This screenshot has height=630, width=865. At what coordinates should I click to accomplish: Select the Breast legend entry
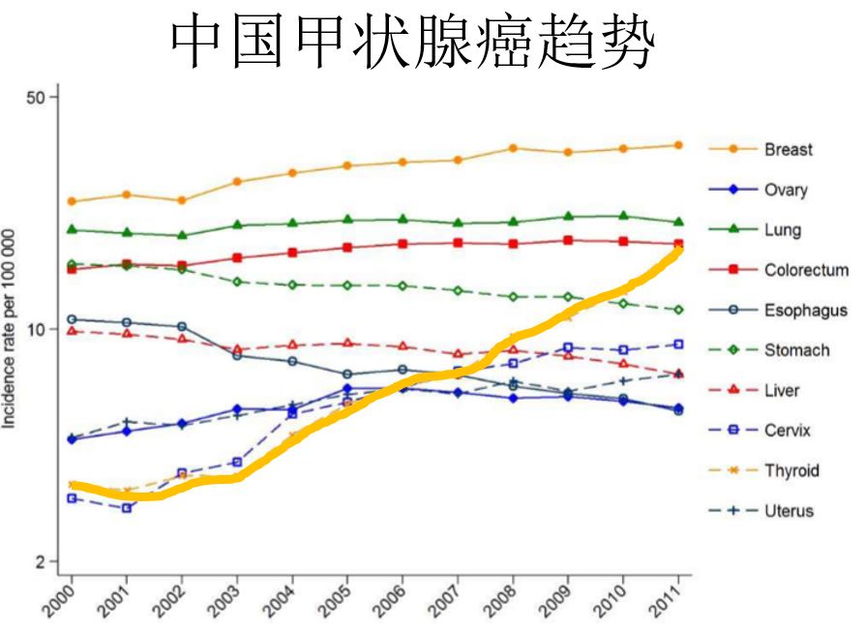pyautogui.click(x=788, y=149)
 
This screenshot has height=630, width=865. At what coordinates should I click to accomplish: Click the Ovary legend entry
pyautogui.click(x=785, y=190)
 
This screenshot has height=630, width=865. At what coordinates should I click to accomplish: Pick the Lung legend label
pyautogui.click(x=782, y=230)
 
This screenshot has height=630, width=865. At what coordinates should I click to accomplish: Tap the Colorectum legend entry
pyautogui.click(x=805, y=270)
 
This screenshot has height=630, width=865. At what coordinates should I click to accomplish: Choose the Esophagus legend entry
pyautogui.click(x=805, y=311)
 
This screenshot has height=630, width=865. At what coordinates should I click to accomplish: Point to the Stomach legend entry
pyautogui.click(x=796, y=350)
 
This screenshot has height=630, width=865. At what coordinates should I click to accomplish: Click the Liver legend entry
pyautogui.click(x=782, y=391)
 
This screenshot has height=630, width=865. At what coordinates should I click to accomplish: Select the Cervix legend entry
pyautogui.click(x=787, y=431)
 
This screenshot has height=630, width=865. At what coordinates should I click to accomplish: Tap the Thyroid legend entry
pyautogui.click(x=790, y=471)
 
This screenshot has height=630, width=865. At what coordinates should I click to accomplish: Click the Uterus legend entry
pyautogui.click(x=788, y=511)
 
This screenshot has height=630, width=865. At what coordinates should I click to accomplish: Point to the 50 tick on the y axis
pyautogui.click(x=37, y=97)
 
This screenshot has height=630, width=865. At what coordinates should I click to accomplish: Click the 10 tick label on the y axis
pyautogui.click(x=37, y=329)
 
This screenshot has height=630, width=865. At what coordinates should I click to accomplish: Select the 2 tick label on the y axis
pyautogui.click(x=41, y=562)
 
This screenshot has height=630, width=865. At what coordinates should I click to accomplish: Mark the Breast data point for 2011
pyautogui.click(x=678, y=145)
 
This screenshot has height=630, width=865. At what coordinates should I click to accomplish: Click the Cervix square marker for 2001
pyautogui.click(x=127, y=508)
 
